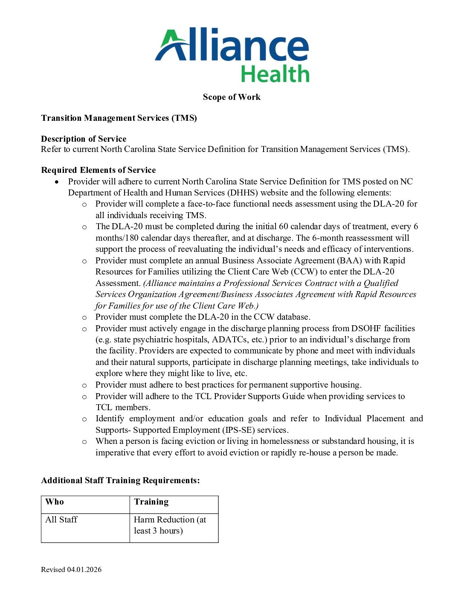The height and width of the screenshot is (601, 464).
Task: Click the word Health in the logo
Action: coord(275,74)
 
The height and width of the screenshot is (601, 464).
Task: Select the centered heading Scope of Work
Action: coord(232,97)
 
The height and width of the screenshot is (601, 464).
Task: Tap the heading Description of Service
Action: coord(84,139)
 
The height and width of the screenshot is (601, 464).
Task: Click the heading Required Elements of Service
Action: coord(98,170)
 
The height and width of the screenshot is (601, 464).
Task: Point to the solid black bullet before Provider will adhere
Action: coord(57,182)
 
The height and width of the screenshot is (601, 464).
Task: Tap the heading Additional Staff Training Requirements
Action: coord(120,480)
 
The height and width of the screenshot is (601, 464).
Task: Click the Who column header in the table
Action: coord(55,502)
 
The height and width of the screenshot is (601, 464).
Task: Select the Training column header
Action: coord(151,502)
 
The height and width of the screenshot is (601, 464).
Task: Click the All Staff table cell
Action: coord(61,519)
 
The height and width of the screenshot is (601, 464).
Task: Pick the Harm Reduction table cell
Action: coord(170,525)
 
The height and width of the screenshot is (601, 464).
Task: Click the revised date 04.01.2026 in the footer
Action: coord(84,569)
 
